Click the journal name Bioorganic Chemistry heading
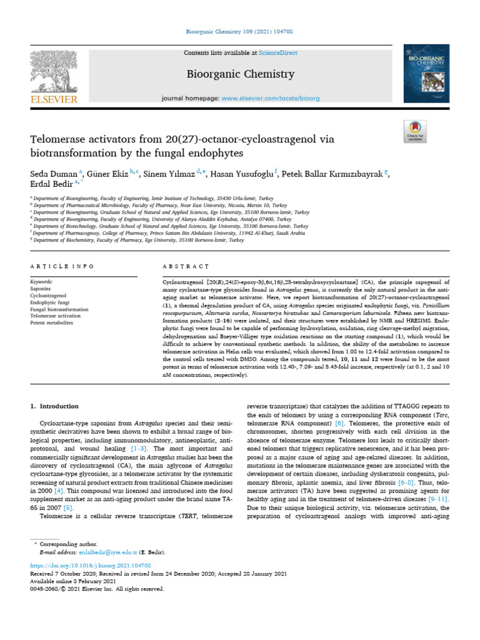coord(241,74)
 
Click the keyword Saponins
coord(41,289)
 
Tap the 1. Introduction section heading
coord(55,406)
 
